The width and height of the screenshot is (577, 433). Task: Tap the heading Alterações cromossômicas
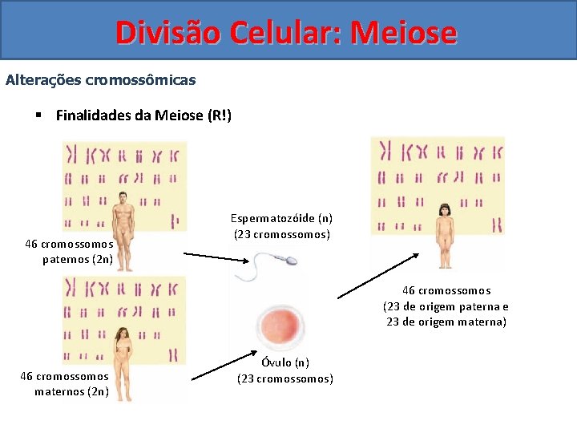100,80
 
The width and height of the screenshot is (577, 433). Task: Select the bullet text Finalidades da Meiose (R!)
143,115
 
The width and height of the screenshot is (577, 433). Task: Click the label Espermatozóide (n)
281,218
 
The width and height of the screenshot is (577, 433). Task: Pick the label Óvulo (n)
284,362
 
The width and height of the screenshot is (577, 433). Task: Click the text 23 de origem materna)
446,322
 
